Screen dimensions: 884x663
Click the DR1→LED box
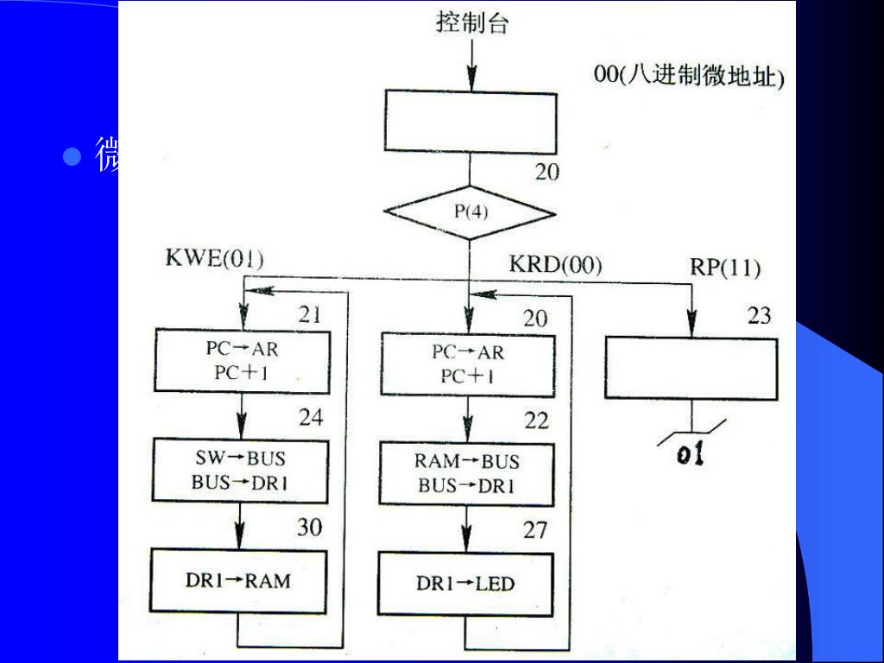coord(466,584)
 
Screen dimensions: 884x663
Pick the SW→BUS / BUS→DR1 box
coord(241,471)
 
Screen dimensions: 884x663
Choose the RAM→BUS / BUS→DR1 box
coord(467,474)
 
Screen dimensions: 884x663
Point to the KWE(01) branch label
coord(215,260)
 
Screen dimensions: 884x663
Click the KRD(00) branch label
coord(556,264)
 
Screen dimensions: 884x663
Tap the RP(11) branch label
coord(725,268)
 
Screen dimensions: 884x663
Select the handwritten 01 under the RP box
coord(691,453)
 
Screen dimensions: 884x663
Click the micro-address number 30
coord(310,527)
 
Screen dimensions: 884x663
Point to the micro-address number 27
coord(535,529)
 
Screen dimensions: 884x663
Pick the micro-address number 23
coord(759,316)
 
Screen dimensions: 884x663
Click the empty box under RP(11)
coord(691,369)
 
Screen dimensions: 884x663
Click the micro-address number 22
coord(536,420)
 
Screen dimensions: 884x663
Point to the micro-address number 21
coord(310,315)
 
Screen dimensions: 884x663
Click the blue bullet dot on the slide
coord(73,157)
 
